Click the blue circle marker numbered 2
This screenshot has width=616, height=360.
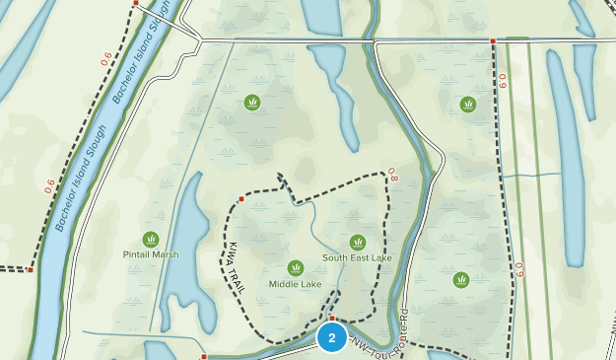pos(332,338)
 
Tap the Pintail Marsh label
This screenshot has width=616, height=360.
pos(152,254)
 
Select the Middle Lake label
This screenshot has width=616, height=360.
pos(295,284)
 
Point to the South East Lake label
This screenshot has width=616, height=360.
pos(357,257)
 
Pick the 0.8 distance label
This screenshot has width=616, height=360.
pos(392,175)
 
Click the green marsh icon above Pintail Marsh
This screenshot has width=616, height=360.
pos(151,239)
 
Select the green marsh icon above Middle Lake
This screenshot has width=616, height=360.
pos(295,267)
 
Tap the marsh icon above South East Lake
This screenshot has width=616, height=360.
pos(357,242)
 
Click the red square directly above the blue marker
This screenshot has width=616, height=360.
pos(332,319)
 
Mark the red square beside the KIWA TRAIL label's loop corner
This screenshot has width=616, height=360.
pos(240,198)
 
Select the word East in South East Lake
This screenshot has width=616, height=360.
pos(362,257)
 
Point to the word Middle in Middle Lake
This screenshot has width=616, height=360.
pos(285,284)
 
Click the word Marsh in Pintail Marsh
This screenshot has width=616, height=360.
pos(166,254)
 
